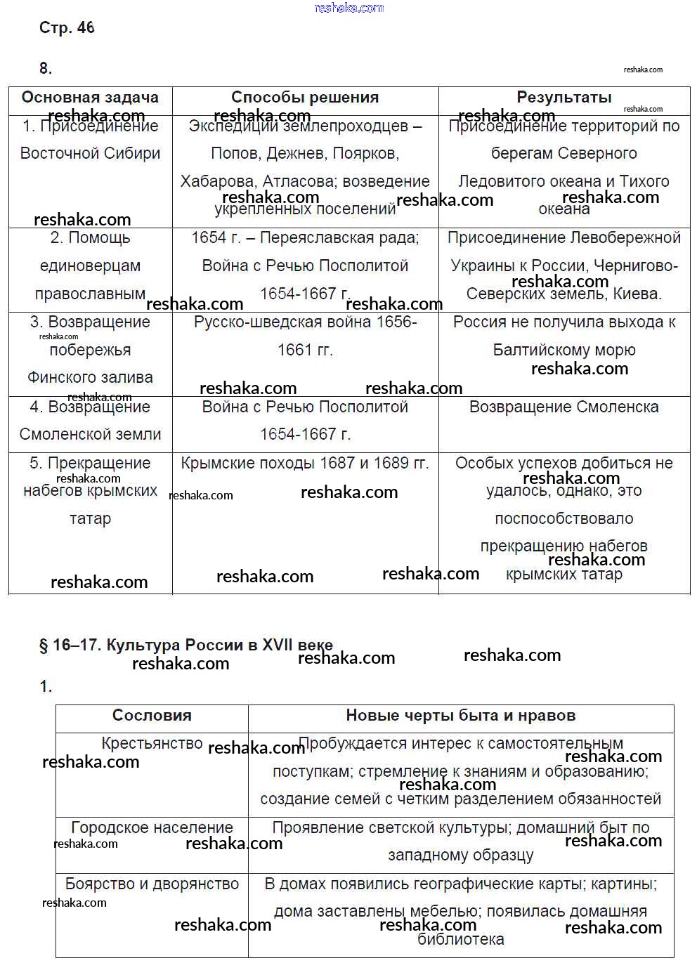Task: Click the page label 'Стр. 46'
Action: tap(67, 28)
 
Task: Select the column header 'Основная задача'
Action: tap(90, 98)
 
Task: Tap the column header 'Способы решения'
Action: tap(305, 98)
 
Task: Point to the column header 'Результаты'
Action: tap(564, 98)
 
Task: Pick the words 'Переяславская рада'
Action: tap(339, 237)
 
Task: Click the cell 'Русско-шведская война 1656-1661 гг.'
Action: tap(305, 336)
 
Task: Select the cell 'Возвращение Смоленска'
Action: tap(564, 407)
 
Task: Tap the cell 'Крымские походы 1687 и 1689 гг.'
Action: tap(305, 463)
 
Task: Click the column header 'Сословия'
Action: tap(152, 716)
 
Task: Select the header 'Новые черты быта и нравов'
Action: tap(461, 716)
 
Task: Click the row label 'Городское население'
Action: tap(152, 827)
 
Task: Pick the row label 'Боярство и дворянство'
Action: tap(152, 884)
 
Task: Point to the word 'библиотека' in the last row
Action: tap(461, 939)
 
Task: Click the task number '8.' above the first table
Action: tap(46, 68)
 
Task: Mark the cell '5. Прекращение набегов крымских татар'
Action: tap(90, 490)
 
